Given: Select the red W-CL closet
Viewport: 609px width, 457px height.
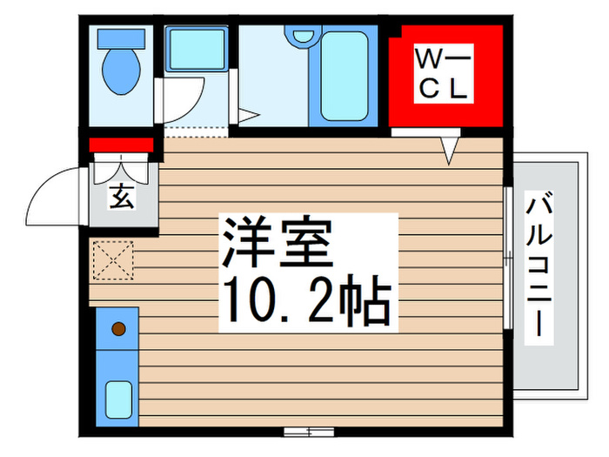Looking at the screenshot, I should coord(445,77).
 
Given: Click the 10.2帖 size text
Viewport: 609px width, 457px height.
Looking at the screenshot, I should coord(305,300).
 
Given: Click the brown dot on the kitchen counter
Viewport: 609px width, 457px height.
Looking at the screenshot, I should coord(118,329).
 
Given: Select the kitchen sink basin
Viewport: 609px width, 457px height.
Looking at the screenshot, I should coord(118,400).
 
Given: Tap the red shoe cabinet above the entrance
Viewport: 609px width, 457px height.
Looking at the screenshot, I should coord(122,144).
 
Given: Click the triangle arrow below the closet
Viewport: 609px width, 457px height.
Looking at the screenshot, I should coord(449,151).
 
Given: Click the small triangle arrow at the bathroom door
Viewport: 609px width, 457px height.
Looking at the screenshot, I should coord(246,114).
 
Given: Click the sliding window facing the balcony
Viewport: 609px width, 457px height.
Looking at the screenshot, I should coord(509,258).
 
